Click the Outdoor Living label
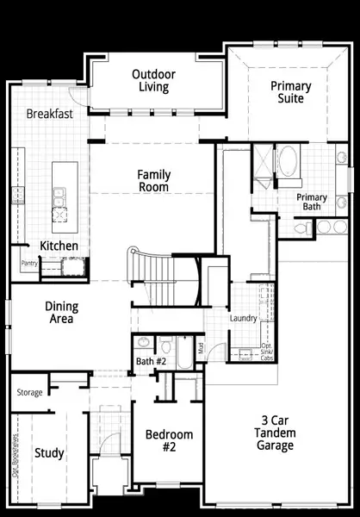pyautogui.click(x=154, y=81)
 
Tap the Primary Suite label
pyautogui.click(x=290, y=92)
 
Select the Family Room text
pyautogui.click(x=153, y=181)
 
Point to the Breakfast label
pyautogui.click(x=49, y=114)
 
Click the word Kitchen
pyautogui.click(x=59, y=246)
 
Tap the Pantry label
pyautogui.click(x=28, y=265)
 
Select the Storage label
pyautogui.click(x=29, y=393)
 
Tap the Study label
pyautogui.click(x=48, y=452)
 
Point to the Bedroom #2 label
pyautogui.click(x=168, y=440)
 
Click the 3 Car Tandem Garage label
pyautogui.click(x=275, y=433)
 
